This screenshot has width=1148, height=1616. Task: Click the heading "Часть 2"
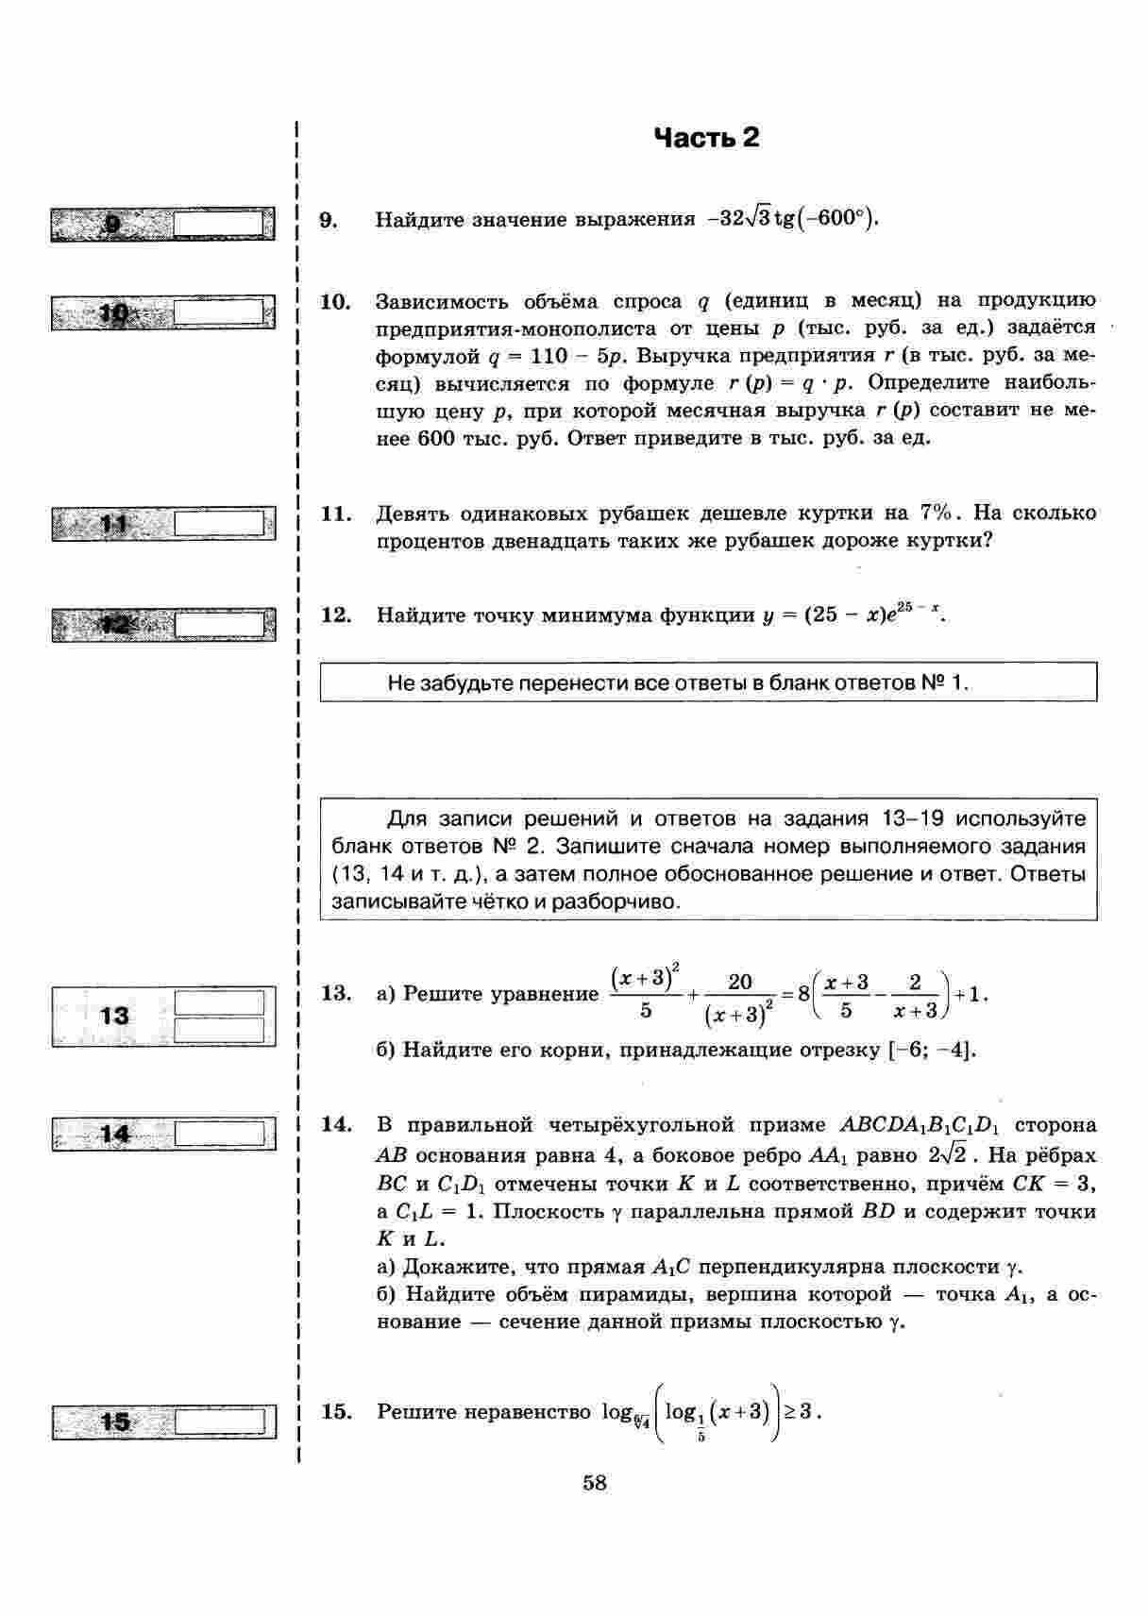[706, 139]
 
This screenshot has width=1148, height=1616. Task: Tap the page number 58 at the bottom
[595, 1483]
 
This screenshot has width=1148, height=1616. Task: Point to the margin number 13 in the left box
[114, 1016]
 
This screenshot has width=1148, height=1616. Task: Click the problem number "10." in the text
[335, 302]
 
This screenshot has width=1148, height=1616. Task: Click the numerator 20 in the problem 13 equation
[740, 982]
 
